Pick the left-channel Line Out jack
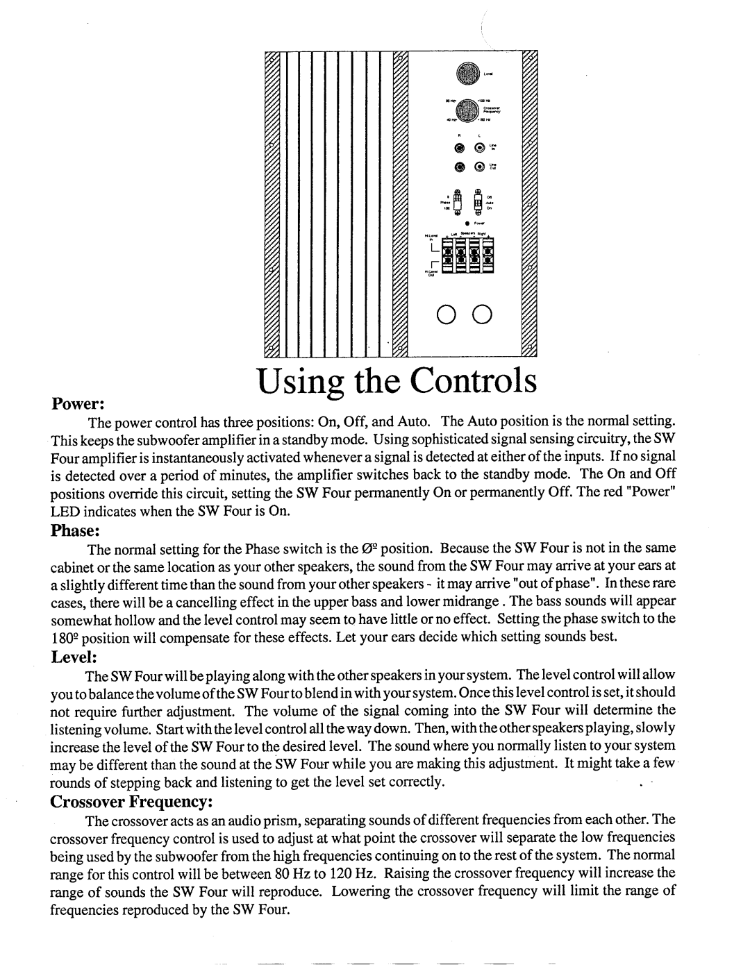pyautogui.click(x=479, y=167)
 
